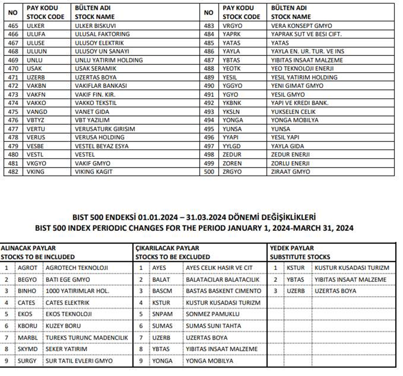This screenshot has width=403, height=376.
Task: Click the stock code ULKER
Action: [x=36, y=26]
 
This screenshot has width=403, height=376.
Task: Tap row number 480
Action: [x=13, y=155]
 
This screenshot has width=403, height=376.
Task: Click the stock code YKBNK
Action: [x=232, y=103]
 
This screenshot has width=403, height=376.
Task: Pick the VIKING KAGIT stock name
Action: [x=93, y=172]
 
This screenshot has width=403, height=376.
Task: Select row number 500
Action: [x=209, y=172]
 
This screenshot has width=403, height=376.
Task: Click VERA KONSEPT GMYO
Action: [x=302, y=26]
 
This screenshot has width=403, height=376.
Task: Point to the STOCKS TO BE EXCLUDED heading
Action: [x=172, y=257]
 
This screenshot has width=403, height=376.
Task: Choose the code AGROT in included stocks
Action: [x=27, y=268]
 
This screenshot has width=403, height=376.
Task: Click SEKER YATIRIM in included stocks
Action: [x=66, y=349]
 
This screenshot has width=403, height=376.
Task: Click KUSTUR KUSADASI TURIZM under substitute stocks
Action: [x=352, y=268]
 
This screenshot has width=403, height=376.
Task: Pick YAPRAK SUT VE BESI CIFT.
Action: [x=307, y=34]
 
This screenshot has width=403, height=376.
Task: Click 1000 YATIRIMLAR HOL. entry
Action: [x=77, y=291]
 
